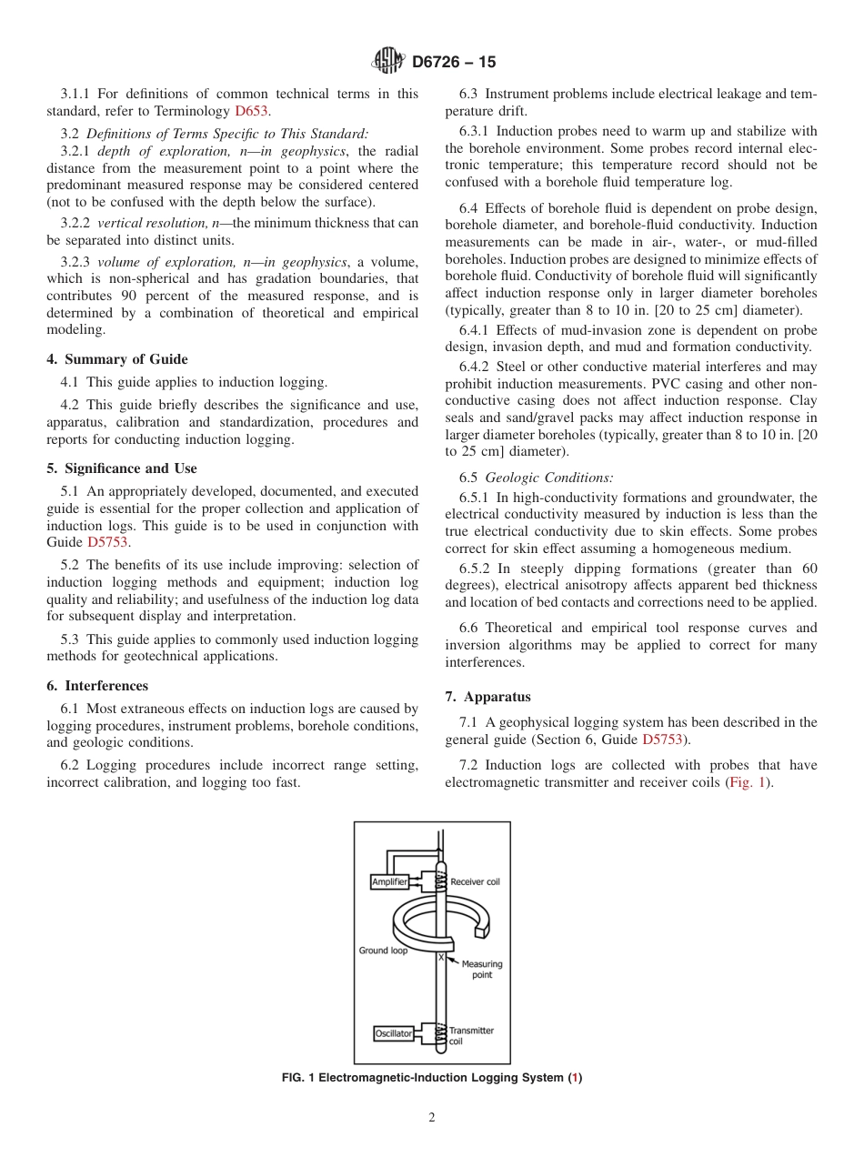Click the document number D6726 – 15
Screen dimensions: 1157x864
tap(454, 63)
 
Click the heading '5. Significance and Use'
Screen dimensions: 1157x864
tap(122, 468)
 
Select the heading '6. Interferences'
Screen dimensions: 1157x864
tap(97, 686)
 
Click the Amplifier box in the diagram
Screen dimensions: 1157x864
tap(390, 881)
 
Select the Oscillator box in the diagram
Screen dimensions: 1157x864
tap(394, 1033)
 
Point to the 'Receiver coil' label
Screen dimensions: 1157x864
tap(475, 881)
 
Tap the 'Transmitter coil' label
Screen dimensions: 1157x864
tap(470, 1035)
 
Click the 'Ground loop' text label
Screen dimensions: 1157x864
tap(383, 951)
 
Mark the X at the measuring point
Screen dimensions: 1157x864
tap(441, 957)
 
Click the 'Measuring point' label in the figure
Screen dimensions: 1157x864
tap(481, 970)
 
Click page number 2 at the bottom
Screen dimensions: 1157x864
tap(432, 1118)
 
